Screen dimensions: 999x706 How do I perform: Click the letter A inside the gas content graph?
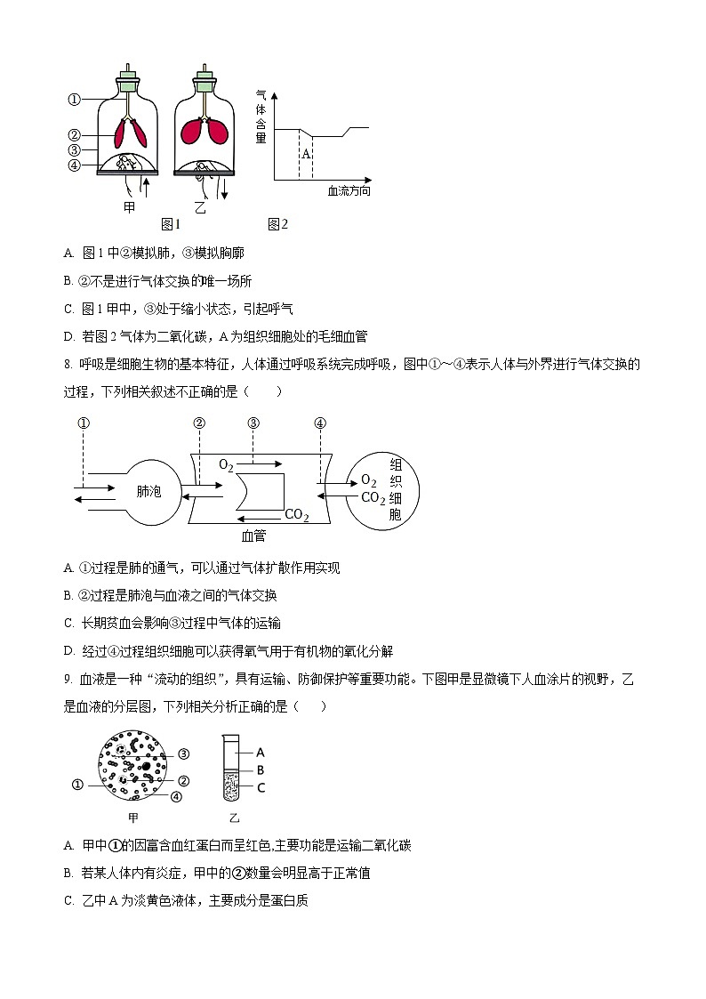coord(305,154)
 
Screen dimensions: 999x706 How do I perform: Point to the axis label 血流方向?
coord(349,191)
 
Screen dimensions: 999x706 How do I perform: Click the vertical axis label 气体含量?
coord(261,117)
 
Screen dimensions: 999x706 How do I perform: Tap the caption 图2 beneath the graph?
coord(278,224)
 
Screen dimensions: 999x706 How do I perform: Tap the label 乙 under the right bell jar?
coord(200,207)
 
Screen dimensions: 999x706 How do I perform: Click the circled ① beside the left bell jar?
coord(75,100)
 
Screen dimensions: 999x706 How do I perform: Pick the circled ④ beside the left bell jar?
coord(75,165)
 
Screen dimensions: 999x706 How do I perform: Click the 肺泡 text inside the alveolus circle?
coord(149,491)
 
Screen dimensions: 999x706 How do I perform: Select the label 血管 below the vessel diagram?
coord(253,536)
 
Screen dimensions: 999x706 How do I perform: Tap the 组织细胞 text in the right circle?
coord(396,489)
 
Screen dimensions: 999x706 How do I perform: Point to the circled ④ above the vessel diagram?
coord(320,423)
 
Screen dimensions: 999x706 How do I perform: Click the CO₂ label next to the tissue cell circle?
coord(373,498)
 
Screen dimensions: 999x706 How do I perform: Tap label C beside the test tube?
coord(261,787)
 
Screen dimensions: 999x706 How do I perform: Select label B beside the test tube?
coord(261,769)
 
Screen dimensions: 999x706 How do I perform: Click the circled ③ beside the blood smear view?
coord(184,753)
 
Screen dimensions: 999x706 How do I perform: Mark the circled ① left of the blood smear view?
coord(77,785)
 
